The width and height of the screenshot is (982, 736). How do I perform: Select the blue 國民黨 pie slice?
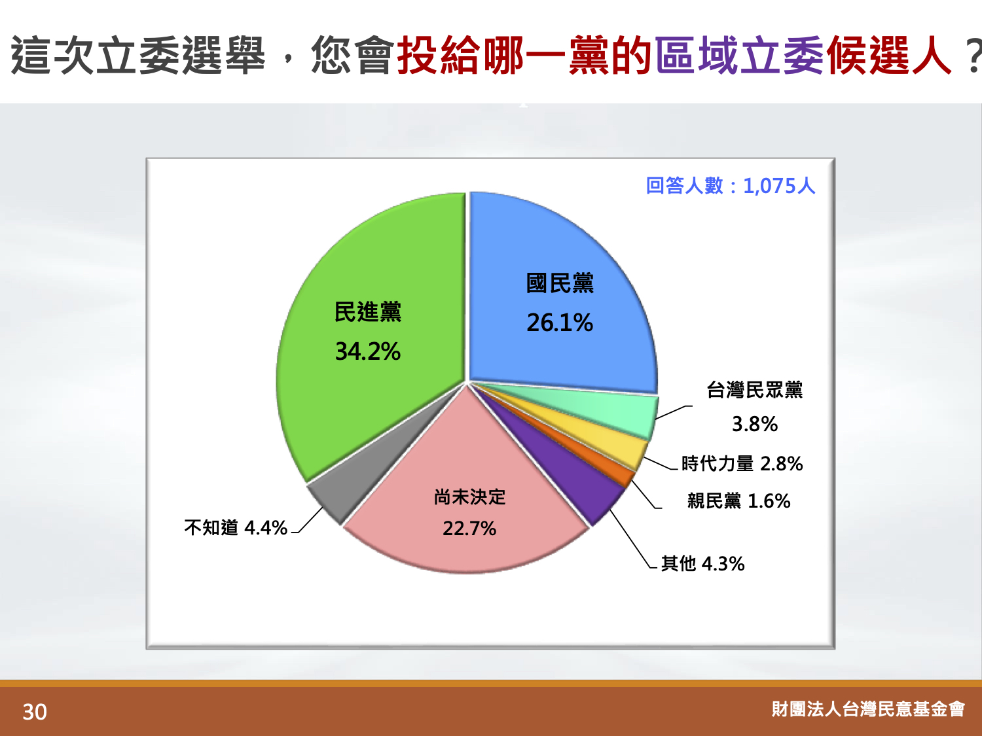click(559, 304)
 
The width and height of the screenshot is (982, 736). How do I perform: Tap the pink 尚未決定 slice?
click(467, 510)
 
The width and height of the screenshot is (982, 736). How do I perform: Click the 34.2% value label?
click(368, 351)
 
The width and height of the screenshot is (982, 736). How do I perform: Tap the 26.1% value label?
click(560, 323)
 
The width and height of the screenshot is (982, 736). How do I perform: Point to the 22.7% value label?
click(469, 529)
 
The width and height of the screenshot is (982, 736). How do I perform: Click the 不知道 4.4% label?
click(236, 528)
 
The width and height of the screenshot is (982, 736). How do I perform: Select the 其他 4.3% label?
click(703, 563)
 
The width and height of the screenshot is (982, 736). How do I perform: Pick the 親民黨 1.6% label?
click(738, 501)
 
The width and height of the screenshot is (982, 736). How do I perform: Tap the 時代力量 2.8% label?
click(742, 463)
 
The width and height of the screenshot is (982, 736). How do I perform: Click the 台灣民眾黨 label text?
click(755, 390)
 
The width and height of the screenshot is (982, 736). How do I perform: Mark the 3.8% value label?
click(755, 424)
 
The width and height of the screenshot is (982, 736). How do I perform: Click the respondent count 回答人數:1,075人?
click(731, 185)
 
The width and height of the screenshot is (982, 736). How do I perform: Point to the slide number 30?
click(35, 712)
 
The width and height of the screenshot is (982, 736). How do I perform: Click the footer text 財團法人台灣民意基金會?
click(868, 709)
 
